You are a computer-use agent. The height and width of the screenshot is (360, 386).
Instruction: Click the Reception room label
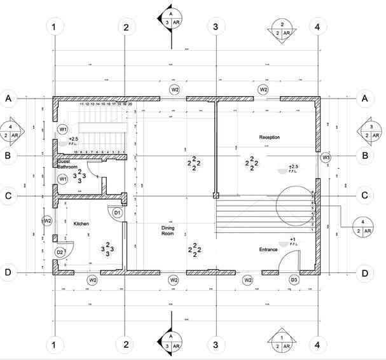click(270, 137)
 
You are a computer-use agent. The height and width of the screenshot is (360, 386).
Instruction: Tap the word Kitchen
click(81, 224)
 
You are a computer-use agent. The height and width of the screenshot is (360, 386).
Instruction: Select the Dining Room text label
click(167, 230)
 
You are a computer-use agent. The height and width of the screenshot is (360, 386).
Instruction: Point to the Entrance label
click(268, 249)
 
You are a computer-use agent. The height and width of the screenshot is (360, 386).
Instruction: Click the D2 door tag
click(60, 253)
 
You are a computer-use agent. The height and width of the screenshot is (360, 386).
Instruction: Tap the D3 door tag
click(294, 279)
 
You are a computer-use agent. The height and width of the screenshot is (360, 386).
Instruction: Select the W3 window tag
click(326, 156)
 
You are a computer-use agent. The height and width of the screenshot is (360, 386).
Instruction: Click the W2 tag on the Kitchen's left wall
click(46, 220)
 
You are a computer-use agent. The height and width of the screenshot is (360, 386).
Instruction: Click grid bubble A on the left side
click(8, 99)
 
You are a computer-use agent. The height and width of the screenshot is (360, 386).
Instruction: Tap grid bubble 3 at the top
click(216, 27)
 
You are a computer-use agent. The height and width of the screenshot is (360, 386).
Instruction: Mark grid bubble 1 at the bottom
click(55, 345)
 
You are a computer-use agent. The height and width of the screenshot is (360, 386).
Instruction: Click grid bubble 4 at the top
click(317, 27)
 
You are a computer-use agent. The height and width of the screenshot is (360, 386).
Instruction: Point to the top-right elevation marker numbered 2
click(281, 28)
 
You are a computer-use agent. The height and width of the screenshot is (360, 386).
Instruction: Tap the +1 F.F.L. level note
click(292, 242)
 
